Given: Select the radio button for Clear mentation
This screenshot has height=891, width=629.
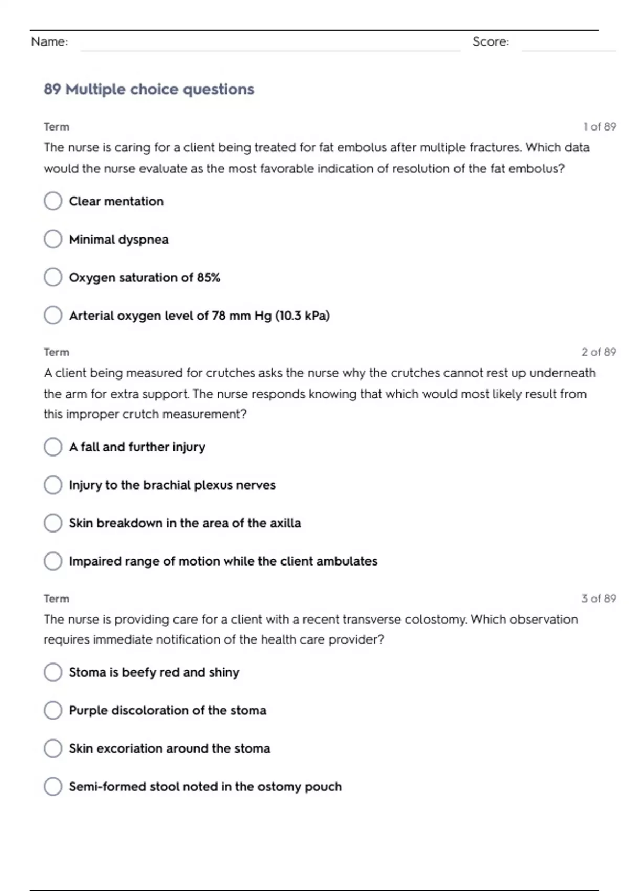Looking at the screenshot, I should [53, 201].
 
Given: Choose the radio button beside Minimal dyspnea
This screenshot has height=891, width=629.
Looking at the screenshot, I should [53, 239].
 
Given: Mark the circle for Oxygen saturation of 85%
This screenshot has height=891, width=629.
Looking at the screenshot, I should [53, 277].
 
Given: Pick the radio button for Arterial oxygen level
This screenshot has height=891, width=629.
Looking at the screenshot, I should [53, 315].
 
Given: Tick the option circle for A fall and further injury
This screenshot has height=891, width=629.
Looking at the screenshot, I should [53, 447].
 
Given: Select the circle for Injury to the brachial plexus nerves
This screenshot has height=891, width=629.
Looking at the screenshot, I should [53, 485].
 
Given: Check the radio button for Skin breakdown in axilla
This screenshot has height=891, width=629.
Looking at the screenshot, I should [53, 523].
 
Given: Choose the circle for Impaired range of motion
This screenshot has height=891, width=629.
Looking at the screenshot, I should [53, 561].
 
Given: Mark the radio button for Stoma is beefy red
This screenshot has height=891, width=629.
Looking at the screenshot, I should [53, 672].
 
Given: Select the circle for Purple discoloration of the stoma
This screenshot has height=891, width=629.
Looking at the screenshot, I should [53, 710].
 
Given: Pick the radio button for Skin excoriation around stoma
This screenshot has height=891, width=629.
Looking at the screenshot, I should [53, 748].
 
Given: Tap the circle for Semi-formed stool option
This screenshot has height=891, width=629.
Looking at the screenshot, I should [53, 786].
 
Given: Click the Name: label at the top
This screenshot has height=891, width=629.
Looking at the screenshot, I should [49, 42].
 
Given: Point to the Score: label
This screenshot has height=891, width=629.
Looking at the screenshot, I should [491, 42].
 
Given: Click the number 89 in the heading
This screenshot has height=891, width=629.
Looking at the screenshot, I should [52, 90].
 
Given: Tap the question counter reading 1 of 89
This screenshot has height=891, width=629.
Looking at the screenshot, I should [600, 127].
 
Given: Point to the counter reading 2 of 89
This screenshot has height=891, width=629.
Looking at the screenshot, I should [599, 352].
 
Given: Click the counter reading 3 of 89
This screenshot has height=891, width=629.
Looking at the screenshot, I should [599, 599].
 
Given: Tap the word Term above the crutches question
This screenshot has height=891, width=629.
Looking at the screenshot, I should [56, 352].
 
